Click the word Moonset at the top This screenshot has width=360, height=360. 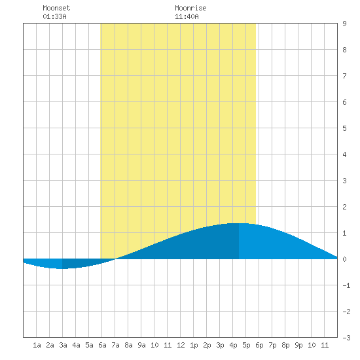pyautogui.click(x=56, y=8)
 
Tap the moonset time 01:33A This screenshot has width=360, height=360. pyautogui.click(x=54, y=16)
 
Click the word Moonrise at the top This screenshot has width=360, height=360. pyautogui.click(x=190, y=8)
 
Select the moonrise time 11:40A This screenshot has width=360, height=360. pyautogui.click(x=187, y=16)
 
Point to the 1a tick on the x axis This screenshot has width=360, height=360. pyautogui.click(x=37, y=345)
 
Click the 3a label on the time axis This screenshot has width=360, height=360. pyautogui.click(x=63, y=345)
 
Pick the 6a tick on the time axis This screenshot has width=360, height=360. pyautogui.click(x=102, y=345)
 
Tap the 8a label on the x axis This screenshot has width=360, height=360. pyautogui.click(x=128, y=345)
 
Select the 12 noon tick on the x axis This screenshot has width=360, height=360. pyautogui.click(x=181, y=345)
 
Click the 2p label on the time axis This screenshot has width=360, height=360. pyautogui.click(x=207, y=345)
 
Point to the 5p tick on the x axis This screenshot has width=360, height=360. pyautogui.click(x=246, y=345)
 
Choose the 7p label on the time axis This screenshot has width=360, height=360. pyautogui.click(x=272, y=345)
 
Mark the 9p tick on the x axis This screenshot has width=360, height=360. pyautogui.click(x=298, y=345)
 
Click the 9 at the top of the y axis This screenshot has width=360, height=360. pyautogui.click(x=344, y=24)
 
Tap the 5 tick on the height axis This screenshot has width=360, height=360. pyautogui.click(x=344, y=128)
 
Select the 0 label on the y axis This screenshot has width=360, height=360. pyautogui.click(x=344, y=259)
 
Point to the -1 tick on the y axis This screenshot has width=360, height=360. pyautogui.click(x=346, y=285)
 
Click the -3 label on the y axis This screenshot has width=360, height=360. pyautogui.click(x=346, y=338)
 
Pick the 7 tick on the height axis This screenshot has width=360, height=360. pyautogui.click(x=344, y=76)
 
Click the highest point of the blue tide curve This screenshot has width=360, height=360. pyautogui.click(x=239, y=223)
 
